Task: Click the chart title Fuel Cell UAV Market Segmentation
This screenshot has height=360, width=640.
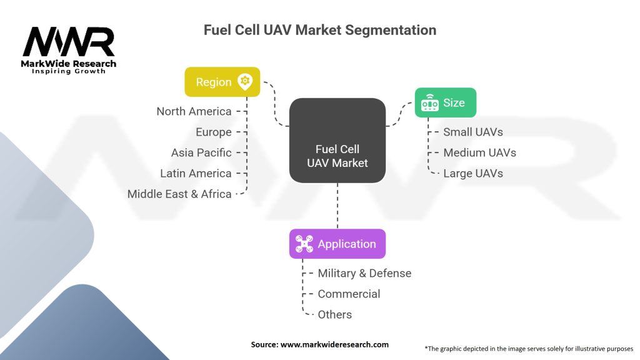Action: point(319,30)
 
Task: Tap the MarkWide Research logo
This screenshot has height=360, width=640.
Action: point(69,49)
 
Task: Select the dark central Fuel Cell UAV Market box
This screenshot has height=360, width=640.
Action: point(337,141)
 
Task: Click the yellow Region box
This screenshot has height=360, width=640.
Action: point(222,82)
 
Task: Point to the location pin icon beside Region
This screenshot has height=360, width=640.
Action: point(244,82)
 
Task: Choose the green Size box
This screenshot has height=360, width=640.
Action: point(445,102)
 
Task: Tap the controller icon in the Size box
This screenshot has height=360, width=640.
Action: point(429,103)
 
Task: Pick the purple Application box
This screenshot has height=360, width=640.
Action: point(337,244)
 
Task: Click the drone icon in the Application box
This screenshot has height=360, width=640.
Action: point(304,244)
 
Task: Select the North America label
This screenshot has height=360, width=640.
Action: point(194,111)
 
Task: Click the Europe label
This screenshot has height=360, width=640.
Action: point(213,132)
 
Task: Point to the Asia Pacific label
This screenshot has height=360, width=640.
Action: point(201,152)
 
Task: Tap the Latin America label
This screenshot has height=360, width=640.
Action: point(196,173)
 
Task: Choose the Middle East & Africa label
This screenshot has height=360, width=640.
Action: point(179,194)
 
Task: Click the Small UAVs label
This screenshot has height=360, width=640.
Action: point(472,132)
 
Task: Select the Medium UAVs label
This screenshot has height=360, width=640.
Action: point(479,152)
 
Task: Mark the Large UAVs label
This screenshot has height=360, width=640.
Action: point(472,173)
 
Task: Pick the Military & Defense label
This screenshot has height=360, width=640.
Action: point(364,273)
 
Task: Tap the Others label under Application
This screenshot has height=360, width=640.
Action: point(334,314)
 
